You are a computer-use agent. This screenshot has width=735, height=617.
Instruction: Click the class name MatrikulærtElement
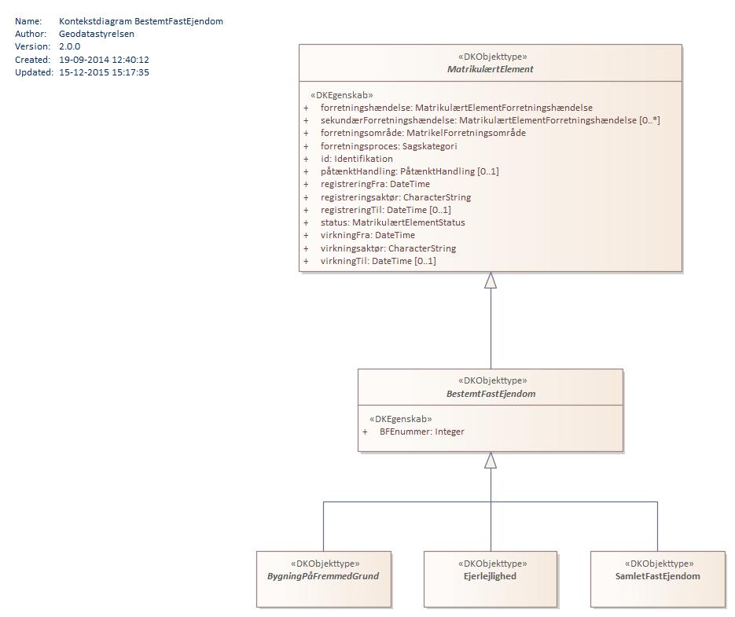(491, 69)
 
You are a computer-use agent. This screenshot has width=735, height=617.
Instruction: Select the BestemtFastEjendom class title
(491, 394)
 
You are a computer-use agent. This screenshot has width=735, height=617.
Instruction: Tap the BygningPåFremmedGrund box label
(323, 576)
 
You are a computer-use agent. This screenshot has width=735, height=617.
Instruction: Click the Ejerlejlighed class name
(491, 576)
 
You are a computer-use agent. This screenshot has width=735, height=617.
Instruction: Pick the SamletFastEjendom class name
(658, 576)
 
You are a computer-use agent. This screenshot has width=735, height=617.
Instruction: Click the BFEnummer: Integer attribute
(421, 432)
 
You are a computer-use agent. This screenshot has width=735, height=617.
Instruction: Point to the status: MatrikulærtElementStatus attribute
(392, 222)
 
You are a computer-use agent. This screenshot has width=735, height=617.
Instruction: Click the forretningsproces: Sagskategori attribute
(388, 146)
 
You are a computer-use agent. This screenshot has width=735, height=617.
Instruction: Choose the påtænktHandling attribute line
(410, 171)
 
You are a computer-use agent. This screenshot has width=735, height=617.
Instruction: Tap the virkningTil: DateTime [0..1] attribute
(378, 261)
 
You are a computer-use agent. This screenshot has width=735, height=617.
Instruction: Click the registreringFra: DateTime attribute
(375, 184)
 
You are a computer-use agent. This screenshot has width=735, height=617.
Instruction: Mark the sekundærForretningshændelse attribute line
(490, 120)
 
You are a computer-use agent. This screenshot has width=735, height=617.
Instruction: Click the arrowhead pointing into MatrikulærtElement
(491, 281)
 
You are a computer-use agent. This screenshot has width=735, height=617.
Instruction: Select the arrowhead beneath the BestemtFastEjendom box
(491, 461)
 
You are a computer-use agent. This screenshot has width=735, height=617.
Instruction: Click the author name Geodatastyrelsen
(96, 34)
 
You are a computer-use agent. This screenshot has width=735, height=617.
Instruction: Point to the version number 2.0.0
(69, 46)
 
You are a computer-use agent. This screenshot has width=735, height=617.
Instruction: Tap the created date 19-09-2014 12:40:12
(104, 60)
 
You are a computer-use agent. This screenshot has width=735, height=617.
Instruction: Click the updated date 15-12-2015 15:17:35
(104, 72)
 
